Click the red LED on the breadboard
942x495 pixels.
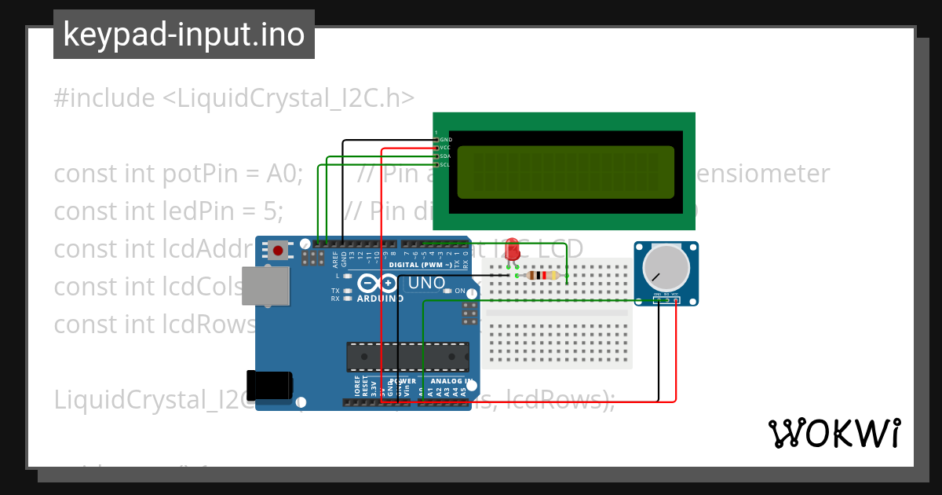tap(512, 249)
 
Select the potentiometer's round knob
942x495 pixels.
tap(663, 266)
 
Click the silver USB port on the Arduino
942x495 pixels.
tap(265, 286)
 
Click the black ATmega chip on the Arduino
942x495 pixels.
tap(407, 357)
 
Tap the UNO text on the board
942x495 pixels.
tap(427, 283)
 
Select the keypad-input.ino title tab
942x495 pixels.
tap(184, 35)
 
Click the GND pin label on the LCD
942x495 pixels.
tap(445, 139)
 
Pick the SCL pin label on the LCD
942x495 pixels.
tap(445, 164)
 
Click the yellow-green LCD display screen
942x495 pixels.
tap(565, 172)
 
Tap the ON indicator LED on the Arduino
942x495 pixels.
tap(448, 291)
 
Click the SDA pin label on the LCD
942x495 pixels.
tap(445, 156)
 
